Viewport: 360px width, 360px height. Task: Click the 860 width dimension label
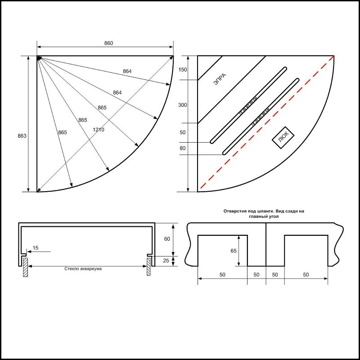(x=108, y=43)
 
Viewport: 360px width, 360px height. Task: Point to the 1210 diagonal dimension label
(x=99, y=130)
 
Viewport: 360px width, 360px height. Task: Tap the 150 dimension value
(x=182, y=70)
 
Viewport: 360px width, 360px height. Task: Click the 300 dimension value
(x=182, y=105)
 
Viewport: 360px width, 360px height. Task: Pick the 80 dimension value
(x=182, y=148)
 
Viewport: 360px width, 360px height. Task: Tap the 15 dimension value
(x=36, y=248)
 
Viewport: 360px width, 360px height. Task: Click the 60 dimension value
(x=166, y=239)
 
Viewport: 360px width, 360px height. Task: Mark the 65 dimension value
(x=234, y=251)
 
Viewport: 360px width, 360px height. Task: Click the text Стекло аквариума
(x=82, y=269)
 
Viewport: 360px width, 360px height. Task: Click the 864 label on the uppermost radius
(x=127, y=71)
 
